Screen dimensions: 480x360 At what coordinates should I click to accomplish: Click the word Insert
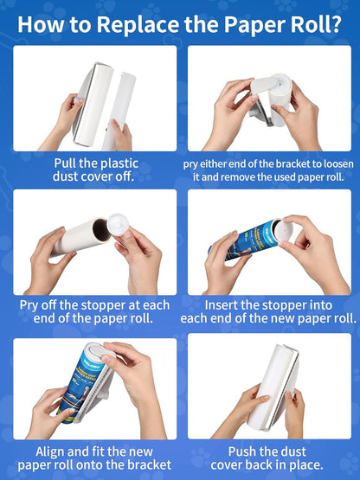[224, 305]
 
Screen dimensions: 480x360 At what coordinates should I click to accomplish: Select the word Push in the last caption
[244, 451]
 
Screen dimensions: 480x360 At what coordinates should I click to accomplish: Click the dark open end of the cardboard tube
[100, 230]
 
